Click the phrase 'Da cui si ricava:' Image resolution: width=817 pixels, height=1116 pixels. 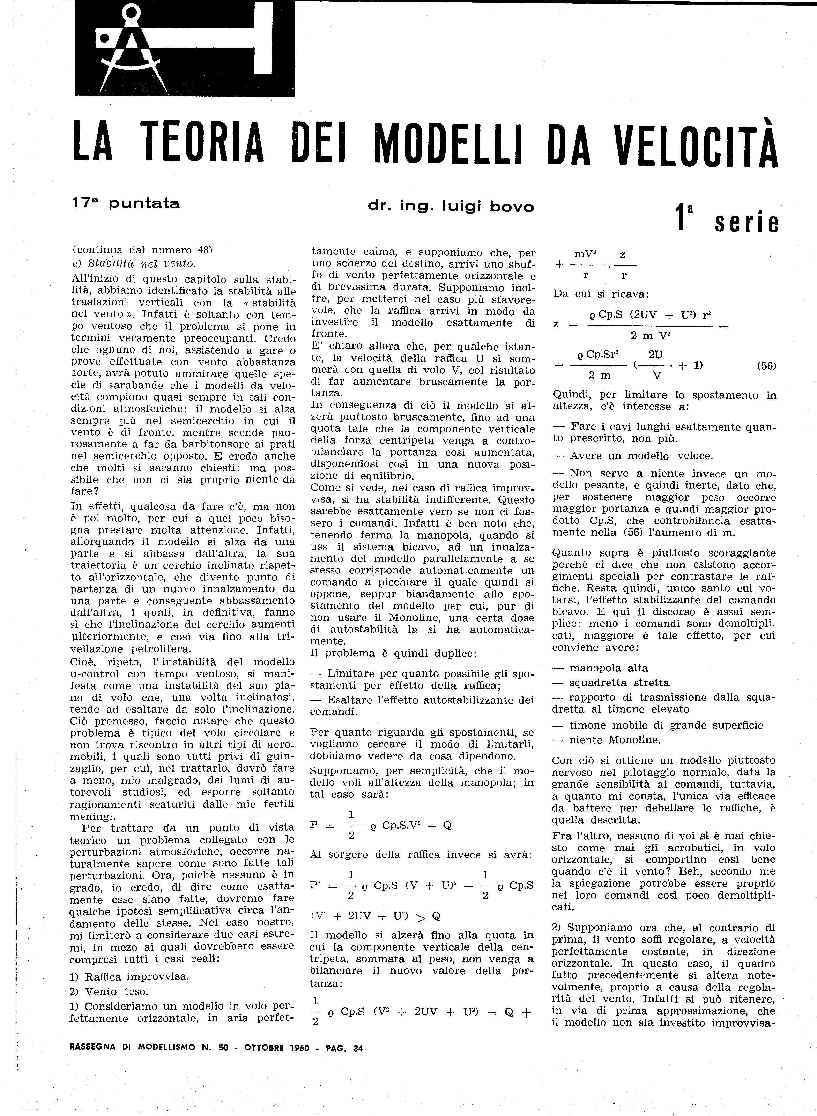[x=601, y=294]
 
